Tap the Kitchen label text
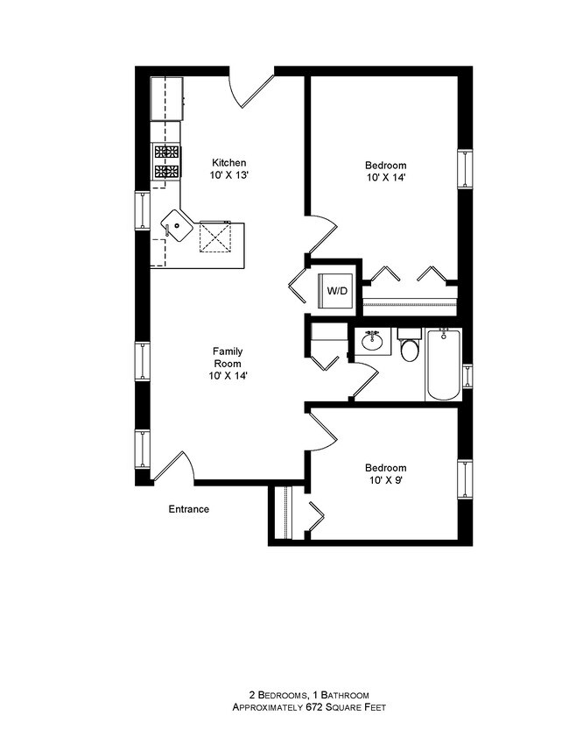(229, 163)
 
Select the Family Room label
(228, 358)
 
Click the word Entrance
(188, 509)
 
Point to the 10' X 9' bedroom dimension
(385, 480)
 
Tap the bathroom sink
(374, 342)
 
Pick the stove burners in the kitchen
(166, 162)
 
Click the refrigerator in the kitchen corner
(166, 98)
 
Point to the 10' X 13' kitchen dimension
(229, 176)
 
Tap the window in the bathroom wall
(467, 375)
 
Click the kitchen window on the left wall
(141, 209)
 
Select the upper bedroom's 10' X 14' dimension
(385, 177)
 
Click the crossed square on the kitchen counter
(214, 236)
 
